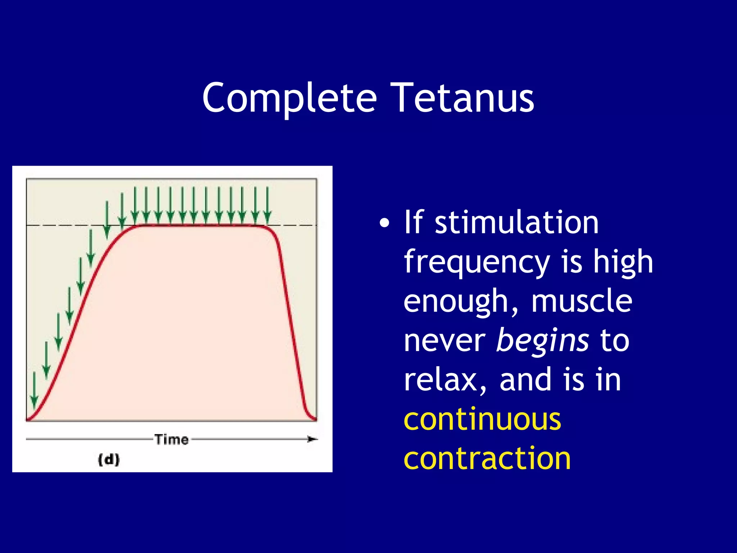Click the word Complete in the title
289,98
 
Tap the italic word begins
542,341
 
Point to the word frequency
477,263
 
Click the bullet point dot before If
384,224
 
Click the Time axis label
172,440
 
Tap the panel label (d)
109,460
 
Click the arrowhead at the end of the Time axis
313,439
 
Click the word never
444,341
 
